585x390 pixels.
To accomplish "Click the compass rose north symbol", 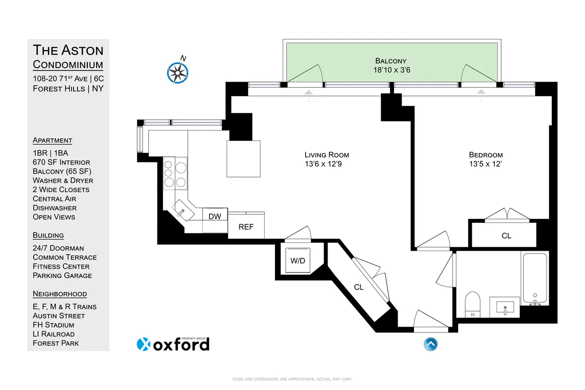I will tap(177, 72).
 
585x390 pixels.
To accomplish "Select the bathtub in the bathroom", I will tap(535, 278).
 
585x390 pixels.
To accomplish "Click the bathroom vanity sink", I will tap(505, 308).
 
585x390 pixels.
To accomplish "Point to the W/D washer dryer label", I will tap(298, 261).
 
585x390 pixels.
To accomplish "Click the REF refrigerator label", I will tap(246, 227).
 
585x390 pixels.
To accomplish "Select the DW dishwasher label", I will tap(214, 216).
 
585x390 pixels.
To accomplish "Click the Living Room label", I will tap(327, 155).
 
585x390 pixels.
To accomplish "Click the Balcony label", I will tap(390, 61).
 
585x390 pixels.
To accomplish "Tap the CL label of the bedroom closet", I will tap(507, 236).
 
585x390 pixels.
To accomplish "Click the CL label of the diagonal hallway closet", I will tap(359, 288).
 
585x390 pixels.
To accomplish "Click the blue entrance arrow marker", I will tap(430, 344).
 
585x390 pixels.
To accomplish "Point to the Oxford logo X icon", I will tap(143, 344).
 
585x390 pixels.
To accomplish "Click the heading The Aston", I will tap(68, 50).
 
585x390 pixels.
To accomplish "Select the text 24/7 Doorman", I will tap(58, 248).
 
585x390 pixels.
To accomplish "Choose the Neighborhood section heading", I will tap(59, 294).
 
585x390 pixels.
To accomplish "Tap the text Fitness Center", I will tap(61, 266).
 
